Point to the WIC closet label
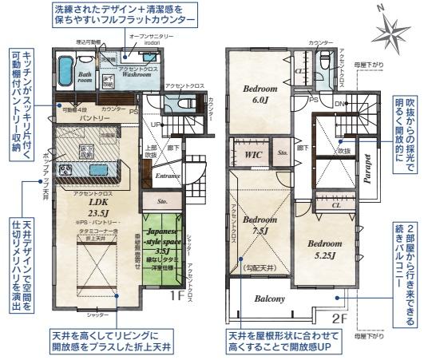point(254,153)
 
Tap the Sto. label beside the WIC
point(282,152)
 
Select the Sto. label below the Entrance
point(162,202)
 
